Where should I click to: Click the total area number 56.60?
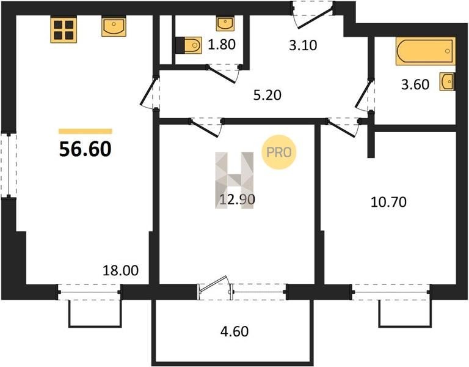click(85, 149)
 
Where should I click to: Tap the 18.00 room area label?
click(120, 270)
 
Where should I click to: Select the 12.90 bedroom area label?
click(237, 199)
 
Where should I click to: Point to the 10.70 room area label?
click(388, 202)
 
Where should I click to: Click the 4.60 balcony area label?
click(234, 332)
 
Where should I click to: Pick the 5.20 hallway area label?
click(267, 95)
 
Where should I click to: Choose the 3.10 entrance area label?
click(303, 45)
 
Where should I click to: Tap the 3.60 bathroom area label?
click(415, 84)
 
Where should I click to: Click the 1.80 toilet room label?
click(222, 45)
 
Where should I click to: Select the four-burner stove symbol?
click(64, 30)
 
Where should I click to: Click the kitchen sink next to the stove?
click(114, 27)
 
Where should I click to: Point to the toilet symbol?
click(189, 45)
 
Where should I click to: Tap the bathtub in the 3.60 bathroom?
click(426, 51)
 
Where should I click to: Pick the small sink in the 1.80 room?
click(225, 24)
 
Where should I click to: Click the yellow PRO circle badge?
click(278, 152)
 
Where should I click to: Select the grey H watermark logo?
click(234, 180)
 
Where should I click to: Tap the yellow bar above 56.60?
click(85, 132)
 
